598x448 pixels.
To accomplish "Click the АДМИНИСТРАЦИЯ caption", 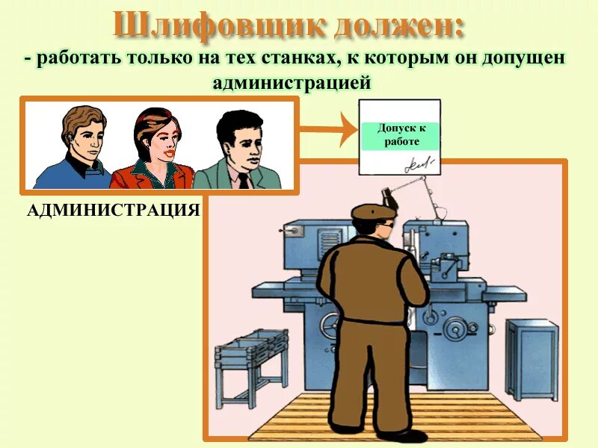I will pyautogui.click(x=113, y=210).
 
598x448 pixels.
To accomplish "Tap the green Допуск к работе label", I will pyautogui.click(x=401, y=135).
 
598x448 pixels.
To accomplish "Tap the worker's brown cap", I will pyautogui.click(x=371, y=211).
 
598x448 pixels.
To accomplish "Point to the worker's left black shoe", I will pyautogui.click(x=346, y=429).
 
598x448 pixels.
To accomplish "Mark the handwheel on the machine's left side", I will pyautogui.click(x=330, y=326).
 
